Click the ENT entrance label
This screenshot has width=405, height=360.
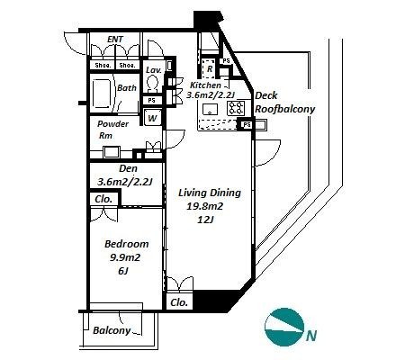pos(115,40)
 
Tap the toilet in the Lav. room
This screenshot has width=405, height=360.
pos(153,83)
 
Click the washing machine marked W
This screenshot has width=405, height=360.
pos(152,118)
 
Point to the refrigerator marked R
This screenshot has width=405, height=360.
pos(210,68)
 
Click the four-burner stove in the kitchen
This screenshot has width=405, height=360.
pos(236,108)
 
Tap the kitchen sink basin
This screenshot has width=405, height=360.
pos(210,109)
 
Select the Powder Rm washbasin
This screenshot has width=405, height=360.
pos(112,152)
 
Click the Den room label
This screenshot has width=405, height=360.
pos(129,168)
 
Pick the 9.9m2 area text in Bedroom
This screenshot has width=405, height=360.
pos(125,257)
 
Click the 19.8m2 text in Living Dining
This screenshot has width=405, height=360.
pos(205,206)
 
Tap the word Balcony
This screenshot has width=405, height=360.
pos(112,330)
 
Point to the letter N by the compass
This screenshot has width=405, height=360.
pos(311,336)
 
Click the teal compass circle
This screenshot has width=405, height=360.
pos(284,327)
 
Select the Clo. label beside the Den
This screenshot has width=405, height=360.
pos(103,199)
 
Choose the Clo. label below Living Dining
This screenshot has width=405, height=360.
pos(179,302)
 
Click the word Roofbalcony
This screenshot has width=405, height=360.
pos(284,109)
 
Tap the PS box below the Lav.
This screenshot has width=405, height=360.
pos(152,100)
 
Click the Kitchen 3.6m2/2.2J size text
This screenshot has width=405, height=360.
pos(211,95)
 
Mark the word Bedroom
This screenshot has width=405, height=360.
pos(127,244)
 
